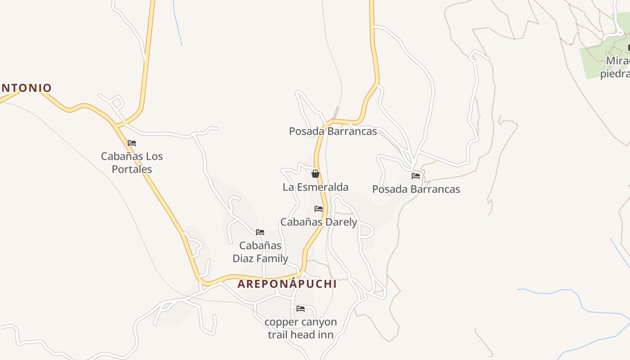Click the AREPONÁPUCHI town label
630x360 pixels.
click(287, 284)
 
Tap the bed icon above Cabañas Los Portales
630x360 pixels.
click(132, 143)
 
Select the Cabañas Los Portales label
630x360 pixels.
click(131, 162)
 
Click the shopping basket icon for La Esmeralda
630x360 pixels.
click(315, 174)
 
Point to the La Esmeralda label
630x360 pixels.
click(315, 187)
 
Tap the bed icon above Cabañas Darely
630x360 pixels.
click(319, 209)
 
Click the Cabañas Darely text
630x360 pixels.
click(319, 222)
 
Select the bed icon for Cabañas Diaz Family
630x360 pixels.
click(260, 232)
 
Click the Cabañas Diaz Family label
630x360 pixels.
click(260, 252)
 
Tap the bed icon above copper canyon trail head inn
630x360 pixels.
click(301, 309)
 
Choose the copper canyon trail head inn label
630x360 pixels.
click(301, 328)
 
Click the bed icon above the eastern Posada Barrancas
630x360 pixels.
click(416, 176)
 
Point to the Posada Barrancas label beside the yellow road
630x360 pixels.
click(333, 131)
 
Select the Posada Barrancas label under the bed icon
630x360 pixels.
click(416, 189)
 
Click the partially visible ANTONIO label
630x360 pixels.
click(26, 88)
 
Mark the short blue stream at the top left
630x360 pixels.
click(177, 22)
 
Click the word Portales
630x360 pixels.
click(131, 169)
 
